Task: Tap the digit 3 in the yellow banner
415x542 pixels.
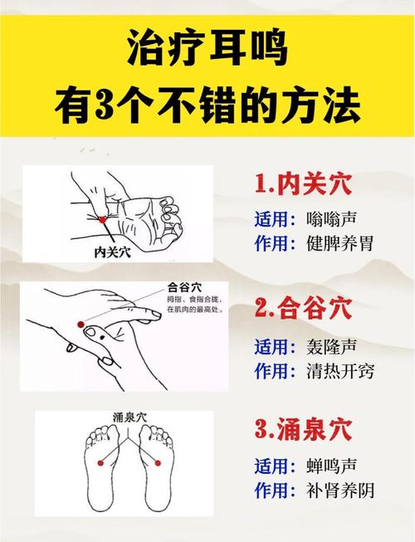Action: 129,106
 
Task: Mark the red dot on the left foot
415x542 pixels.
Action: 100,461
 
